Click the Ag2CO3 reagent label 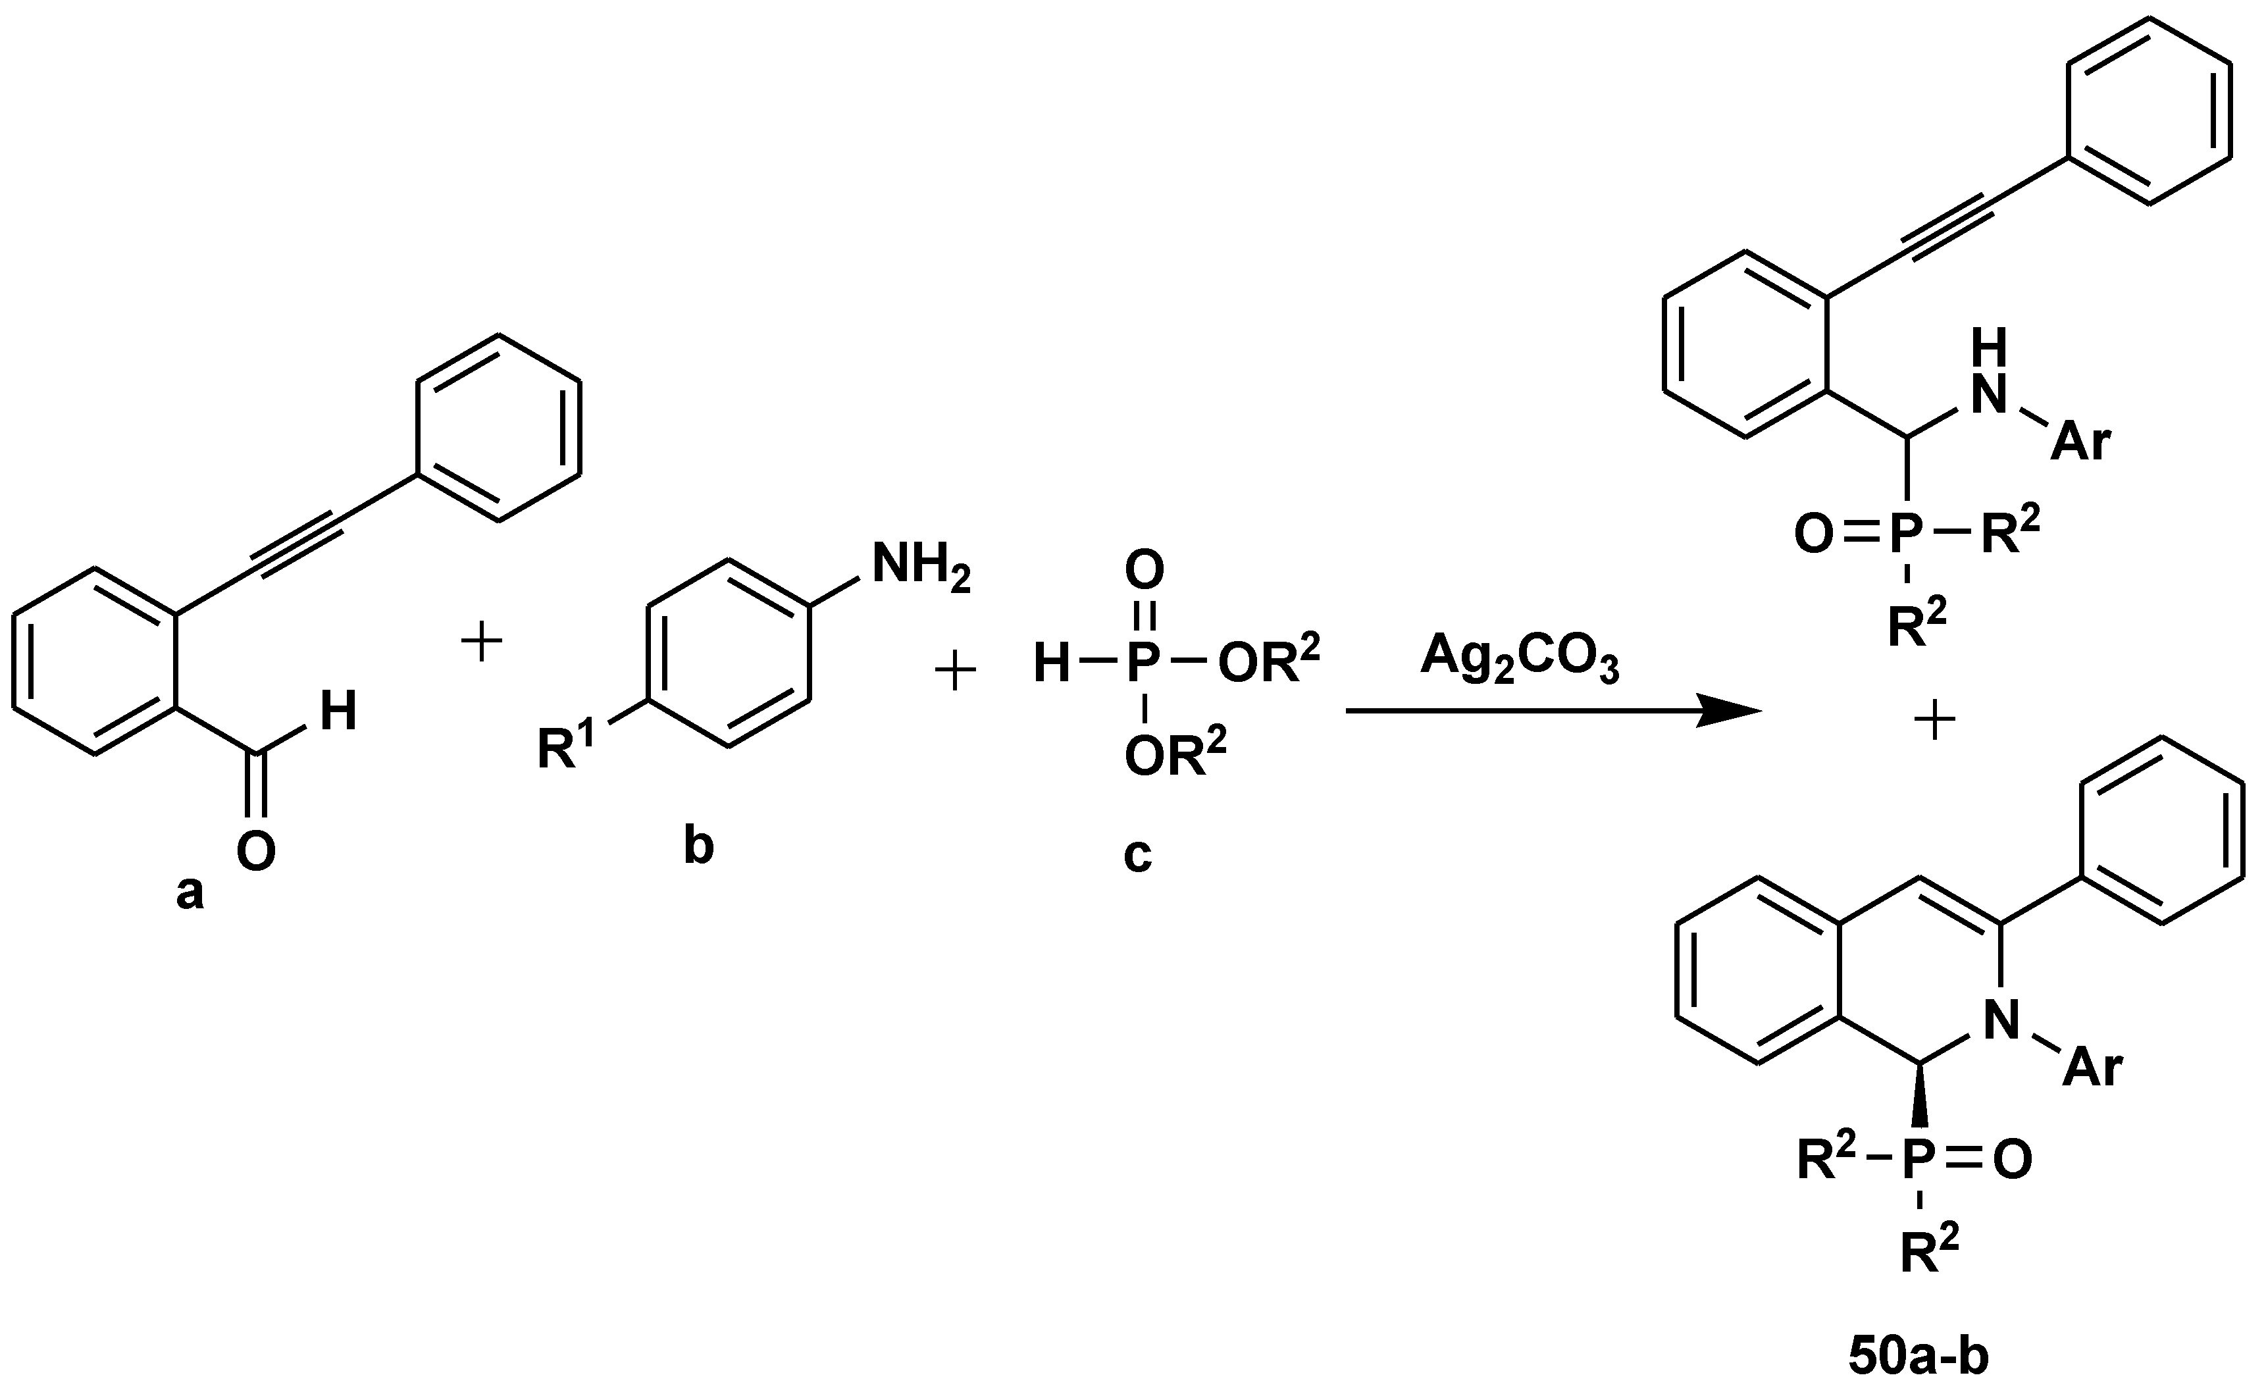(x=1518, y=660)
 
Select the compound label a (x=190, y=892)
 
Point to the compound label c (x=1137, y=854)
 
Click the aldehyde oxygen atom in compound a (x=255, y=850)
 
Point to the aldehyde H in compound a (x=338, y=712)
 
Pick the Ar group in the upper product (x=2080, y=443)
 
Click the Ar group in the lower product (x=2092, y=1069)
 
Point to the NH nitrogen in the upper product (x=1989, y=394)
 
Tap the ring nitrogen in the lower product (x=2001, y=1021)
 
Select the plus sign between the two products (x=1936, y=723)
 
